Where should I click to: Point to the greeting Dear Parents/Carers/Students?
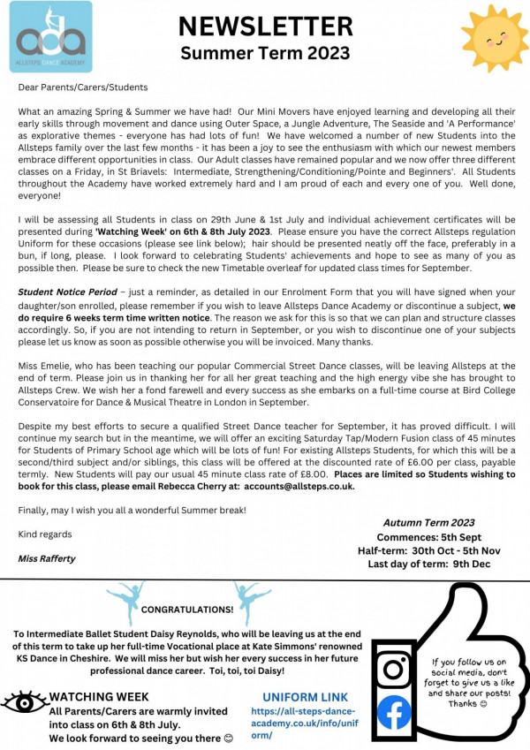(x=83, y=87)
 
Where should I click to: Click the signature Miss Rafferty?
(x=45, y=558)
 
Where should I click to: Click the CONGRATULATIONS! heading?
(x=187, y=609)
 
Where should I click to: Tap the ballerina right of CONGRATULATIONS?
(x=251, y=601)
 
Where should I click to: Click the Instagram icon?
(x=394, y=669)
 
